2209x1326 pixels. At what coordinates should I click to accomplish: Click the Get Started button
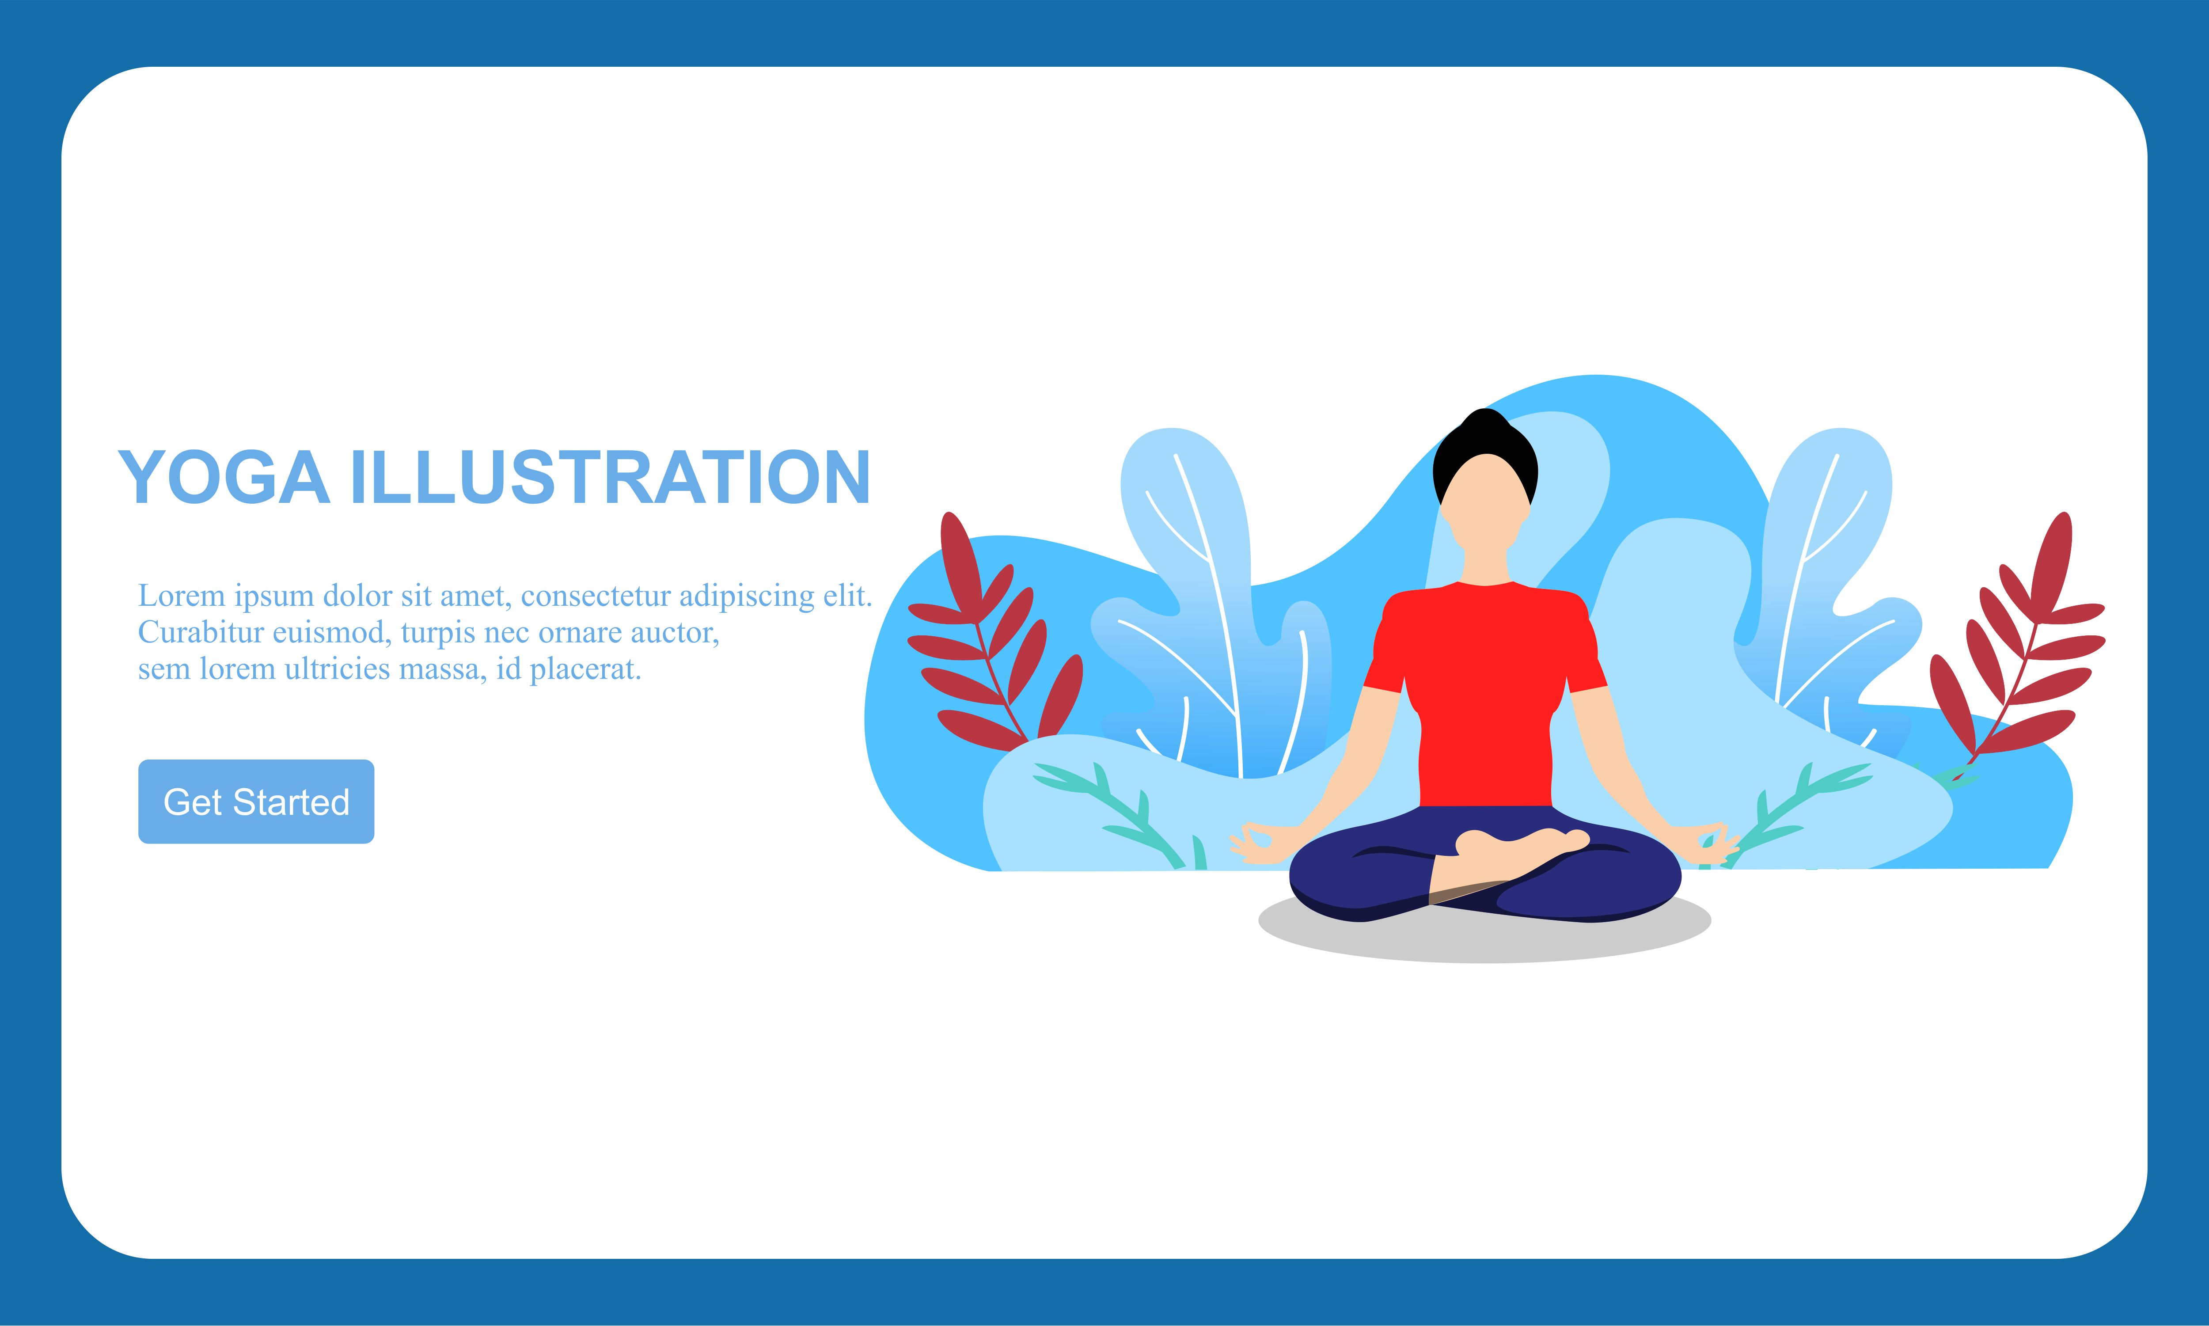click(x=256, y=802)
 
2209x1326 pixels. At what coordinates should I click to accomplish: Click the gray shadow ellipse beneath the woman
click(x=1484, y=929)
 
